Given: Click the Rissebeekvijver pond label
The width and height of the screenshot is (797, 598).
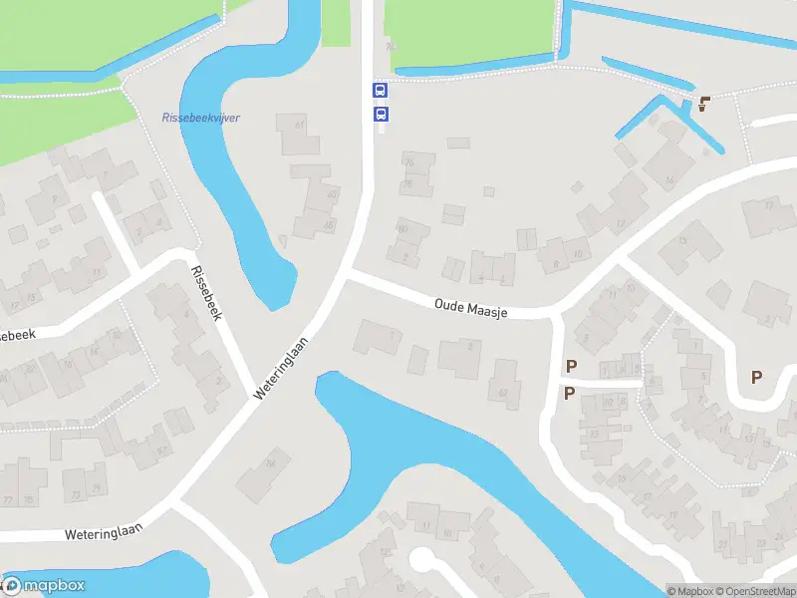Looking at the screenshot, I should point(200,118).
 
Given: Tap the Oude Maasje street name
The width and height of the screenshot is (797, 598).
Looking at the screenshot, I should point(471,308).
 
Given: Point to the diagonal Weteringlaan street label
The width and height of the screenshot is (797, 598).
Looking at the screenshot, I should point(283,366).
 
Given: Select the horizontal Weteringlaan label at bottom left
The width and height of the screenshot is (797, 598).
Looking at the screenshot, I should point(98,534).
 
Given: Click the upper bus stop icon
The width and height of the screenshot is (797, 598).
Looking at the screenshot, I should point(380,90).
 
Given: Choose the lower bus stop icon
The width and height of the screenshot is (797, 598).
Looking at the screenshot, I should point(380,115).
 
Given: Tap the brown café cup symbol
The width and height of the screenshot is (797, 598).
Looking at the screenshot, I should point(704,103).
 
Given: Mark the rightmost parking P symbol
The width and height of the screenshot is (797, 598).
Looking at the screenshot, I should point(757,377).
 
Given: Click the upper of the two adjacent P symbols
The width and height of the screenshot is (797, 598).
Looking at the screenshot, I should point(571,366).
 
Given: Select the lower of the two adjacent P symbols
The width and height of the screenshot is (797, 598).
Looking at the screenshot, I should point(569,393).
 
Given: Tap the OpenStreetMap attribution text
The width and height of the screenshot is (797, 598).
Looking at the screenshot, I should point(756,591).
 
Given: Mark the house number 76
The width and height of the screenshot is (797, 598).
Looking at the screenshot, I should point(406,161).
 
